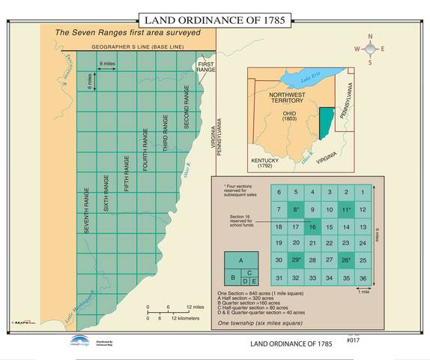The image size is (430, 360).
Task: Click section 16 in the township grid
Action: (x=312, y=227)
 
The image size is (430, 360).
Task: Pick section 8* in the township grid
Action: (x=295, y=210)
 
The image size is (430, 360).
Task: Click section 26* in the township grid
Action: (x=345, y=261)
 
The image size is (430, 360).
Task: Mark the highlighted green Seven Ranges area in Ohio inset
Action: (x=323, y=124)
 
